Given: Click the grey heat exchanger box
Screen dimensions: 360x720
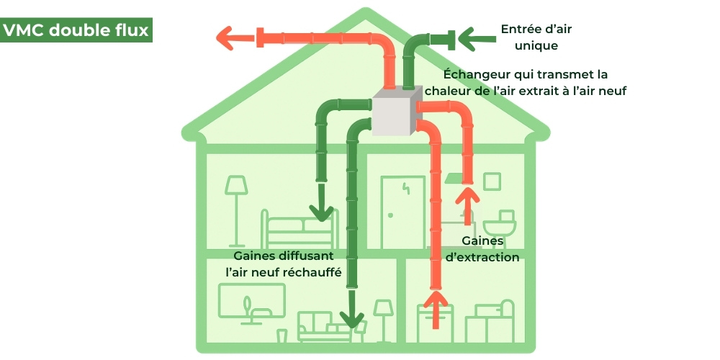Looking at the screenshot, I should [395, 112].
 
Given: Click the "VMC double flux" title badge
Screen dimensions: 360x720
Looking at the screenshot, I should [76, 31].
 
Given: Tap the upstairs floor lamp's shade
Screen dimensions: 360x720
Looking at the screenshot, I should [235, 186].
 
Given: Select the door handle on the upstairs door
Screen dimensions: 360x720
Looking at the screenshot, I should [389, 215].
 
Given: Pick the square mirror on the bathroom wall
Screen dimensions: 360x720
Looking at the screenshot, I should [492, 181].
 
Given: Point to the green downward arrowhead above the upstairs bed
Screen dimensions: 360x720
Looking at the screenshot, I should [321, 212].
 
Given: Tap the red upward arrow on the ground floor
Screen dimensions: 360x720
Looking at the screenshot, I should [434, 306].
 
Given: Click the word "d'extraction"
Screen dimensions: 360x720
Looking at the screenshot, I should [482, 257].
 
